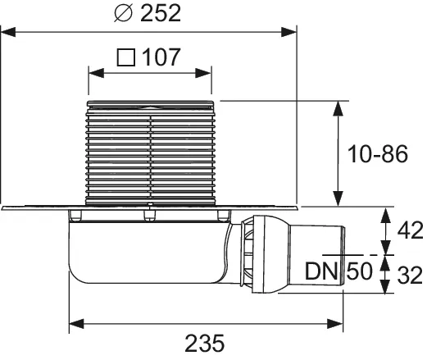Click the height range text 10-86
(379, 154)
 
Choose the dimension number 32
(410, 273)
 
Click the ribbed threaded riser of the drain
(152, 152)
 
